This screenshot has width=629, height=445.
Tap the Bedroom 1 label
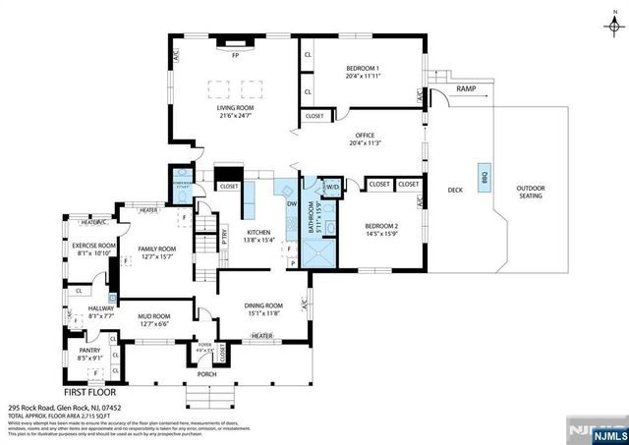pos(363,67)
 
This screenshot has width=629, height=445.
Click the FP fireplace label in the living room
pos(235,55)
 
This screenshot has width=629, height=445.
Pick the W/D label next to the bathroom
pos(332,186)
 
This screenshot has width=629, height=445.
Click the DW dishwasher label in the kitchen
pos(292,203)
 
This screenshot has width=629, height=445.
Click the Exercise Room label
pos(94,245)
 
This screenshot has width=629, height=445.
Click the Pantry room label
pos(89,352)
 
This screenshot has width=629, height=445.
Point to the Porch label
pos(207,373)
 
